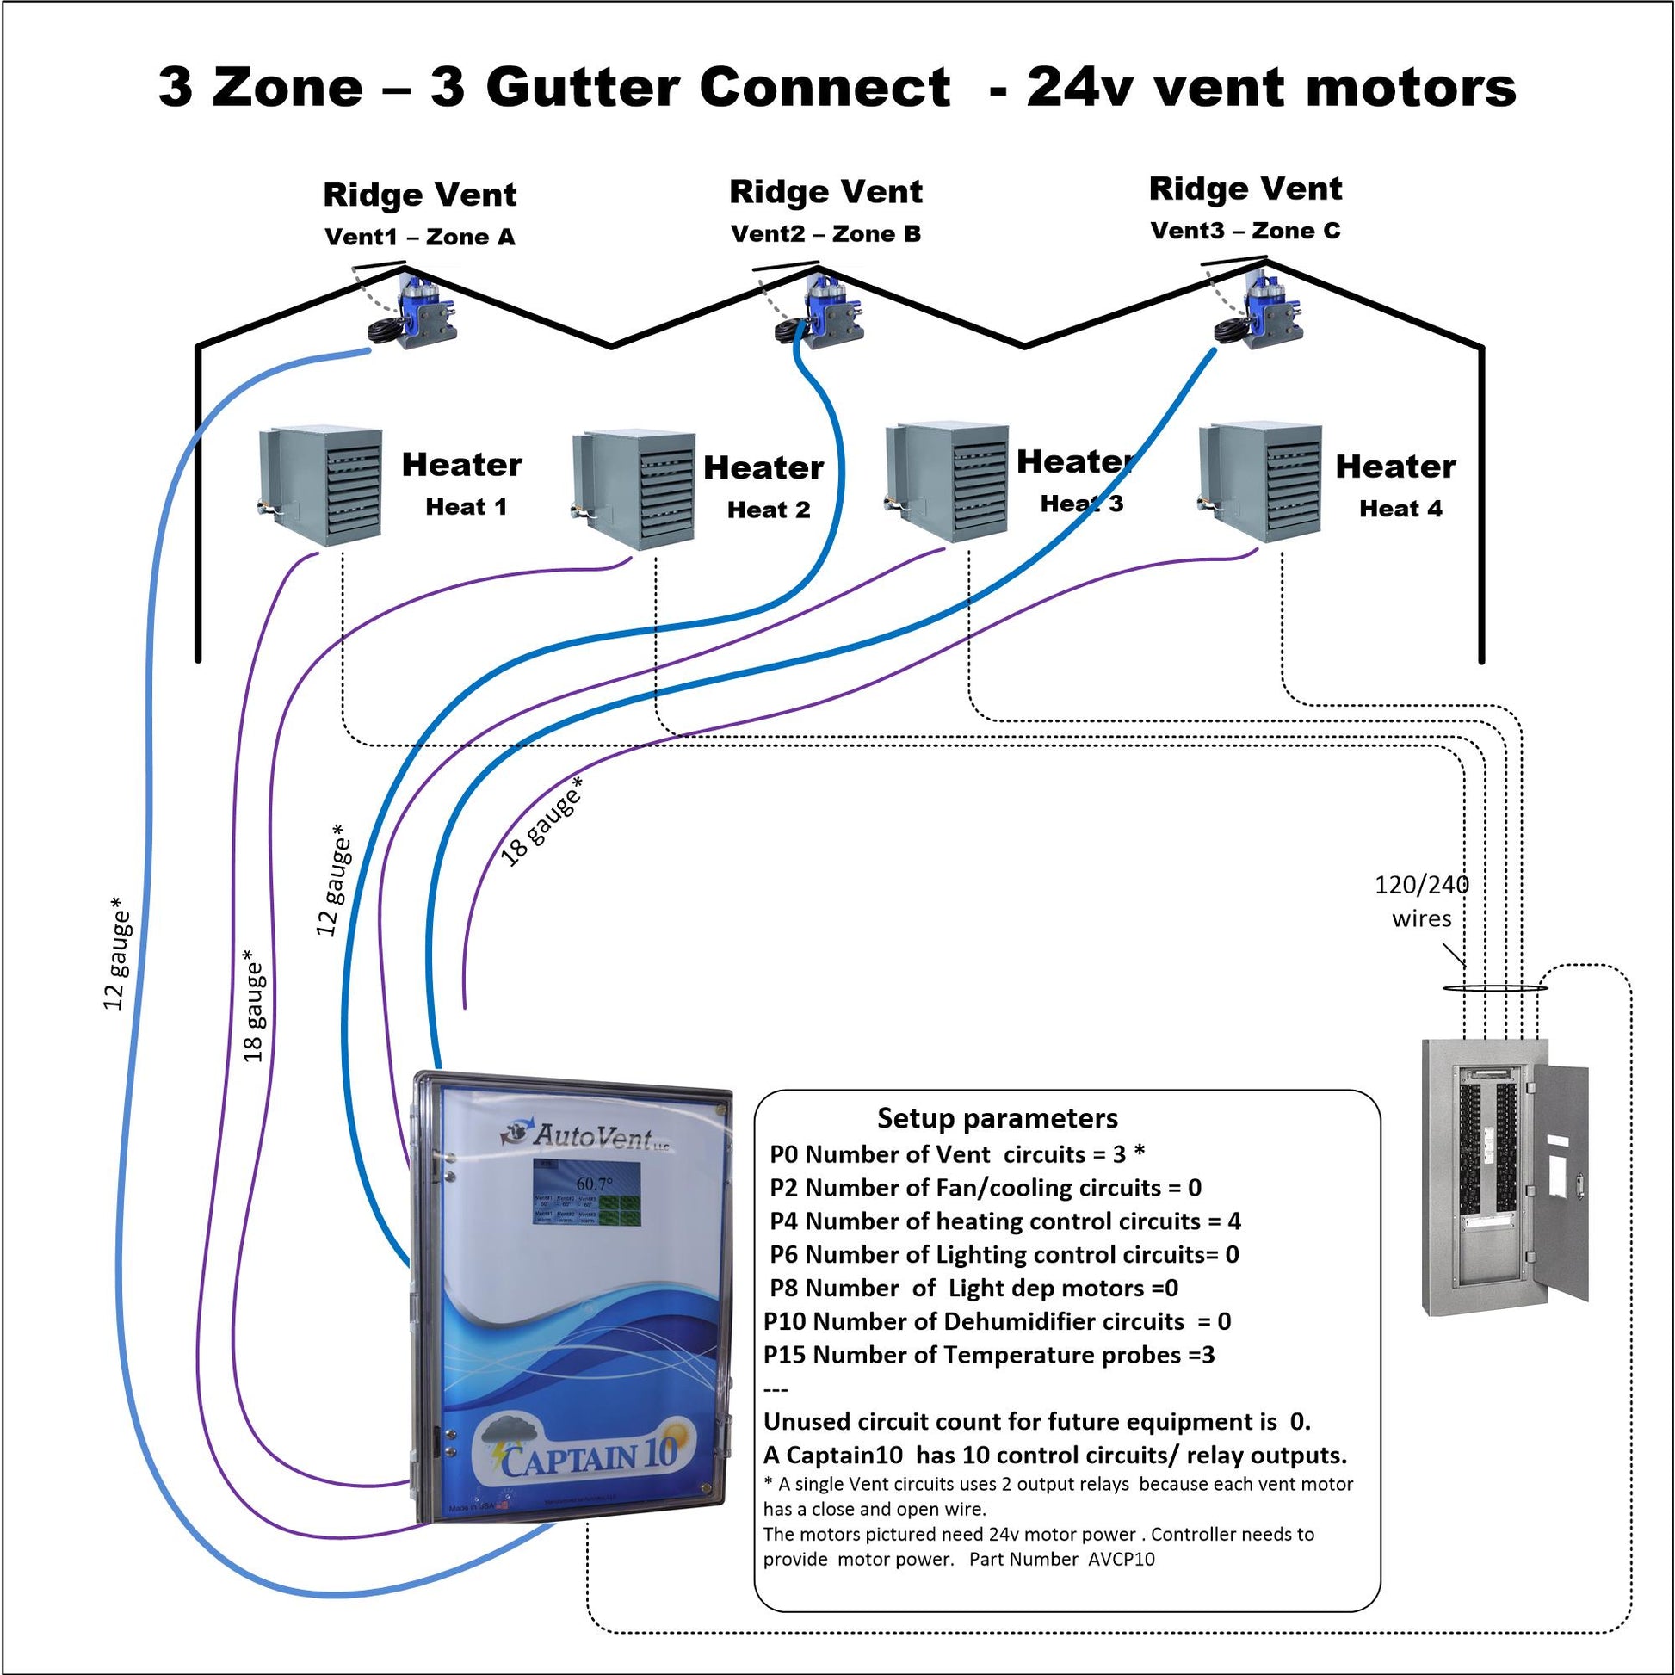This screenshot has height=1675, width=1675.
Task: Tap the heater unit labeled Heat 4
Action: tap(1262, 482)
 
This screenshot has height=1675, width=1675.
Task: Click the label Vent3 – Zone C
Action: tap(1245, 231)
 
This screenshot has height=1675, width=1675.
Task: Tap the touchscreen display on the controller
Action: tap(587, 1194)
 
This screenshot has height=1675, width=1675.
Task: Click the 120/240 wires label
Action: tap(1422, 902)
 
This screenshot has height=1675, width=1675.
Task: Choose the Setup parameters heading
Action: tap(997, 1118)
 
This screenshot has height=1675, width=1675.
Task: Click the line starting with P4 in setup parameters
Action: tap(1004, 1221)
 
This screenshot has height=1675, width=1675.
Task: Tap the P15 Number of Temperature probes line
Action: tap(988, 1355)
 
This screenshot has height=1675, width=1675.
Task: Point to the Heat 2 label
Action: tap(768, 510)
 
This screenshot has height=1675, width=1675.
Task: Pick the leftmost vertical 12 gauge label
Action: tap(116, 954)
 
